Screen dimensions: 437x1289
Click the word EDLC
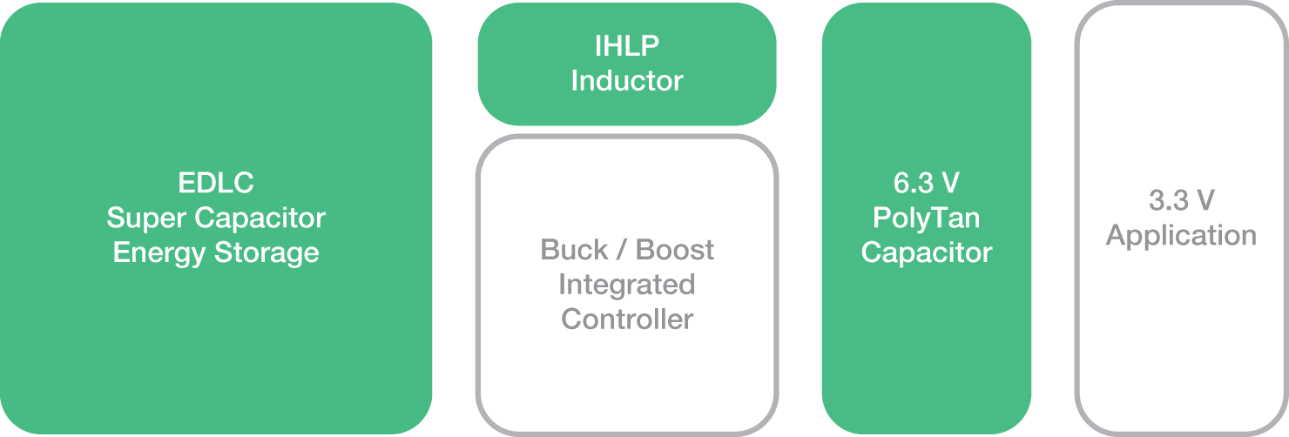point(216,184)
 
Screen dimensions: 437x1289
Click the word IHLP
point(626,46)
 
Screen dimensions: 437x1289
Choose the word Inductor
point(626,81)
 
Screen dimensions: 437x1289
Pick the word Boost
point(675,250)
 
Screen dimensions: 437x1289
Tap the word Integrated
point(626,285)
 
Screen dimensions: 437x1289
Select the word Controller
point(626,319)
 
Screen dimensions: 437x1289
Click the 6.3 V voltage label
point(926,184)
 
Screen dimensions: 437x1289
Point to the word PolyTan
point(926,218)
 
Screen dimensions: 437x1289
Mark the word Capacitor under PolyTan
point(926,253)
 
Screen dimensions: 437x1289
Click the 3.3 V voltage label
point(1180,201)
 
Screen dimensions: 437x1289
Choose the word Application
point(1180,236)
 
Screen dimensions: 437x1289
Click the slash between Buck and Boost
point(622,250)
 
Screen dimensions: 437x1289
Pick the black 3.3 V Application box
point(1180,348)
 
